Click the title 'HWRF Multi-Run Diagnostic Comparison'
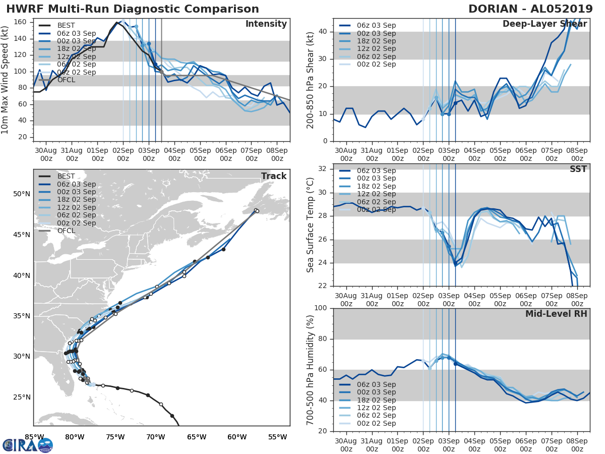[x=133, y=9]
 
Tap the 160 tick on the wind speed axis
[x=21, y=22]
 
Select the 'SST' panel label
[x=578, y=169]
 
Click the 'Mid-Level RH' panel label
[x=556, y=314]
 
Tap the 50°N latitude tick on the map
[x=21, y=194]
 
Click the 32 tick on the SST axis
[x=323, y=169]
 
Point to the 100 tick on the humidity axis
[x=321, y=308]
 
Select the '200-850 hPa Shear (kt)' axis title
[x=311, y=80]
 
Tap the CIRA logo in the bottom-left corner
[x=27, y=445]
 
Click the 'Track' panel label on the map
[x=274, y=176]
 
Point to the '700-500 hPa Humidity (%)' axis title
[x=311, y=370]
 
